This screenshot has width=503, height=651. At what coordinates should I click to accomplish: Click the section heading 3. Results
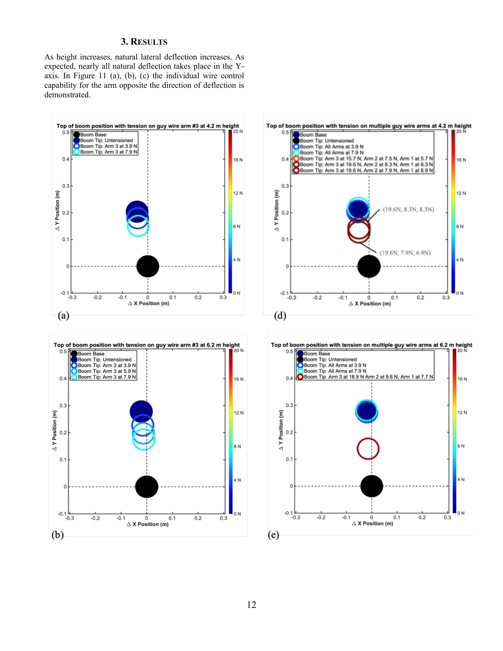(x=144, y=42)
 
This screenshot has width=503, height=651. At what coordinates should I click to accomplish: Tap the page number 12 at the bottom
(x=251, y=605)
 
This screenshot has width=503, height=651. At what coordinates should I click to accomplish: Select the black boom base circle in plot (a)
(x=148, y=266)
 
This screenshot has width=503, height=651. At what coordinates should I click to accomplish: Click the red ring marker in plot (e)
(x=368, y=448)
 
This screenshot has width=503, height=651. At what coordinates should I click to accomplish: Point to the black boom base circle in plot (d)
(x=369, y=266)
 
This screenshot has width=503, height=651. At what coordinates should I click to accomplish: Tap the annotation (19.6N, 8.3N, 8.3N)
(x=408, y=209)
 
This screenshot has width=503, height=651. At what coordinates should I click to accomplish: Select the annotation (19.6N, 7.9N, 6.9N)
(x=405, y=253)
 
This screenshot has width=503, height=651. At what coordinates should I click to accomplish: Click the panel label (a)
(x=63, y=316)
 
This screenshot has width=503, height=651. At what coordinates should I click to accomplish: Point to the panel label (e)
(x=273, y=535)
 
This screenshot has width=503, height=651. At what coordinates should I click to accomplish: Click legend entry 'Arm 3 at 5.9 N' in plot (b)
(x=107, y=371)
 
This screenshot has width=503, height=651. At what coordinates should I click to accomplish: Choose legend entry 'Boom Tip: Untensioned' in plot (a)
(x=106, y=140)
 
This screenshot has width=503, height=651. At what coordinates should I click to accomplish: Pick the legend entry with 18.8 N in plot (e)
(x=368, y=377)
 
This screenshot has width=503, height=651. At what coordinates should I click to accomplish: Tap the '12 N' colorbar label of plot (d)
(x=461, y=193)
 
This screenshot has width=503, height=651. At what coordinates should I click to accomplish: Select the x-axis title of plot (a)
(x=149, y=303)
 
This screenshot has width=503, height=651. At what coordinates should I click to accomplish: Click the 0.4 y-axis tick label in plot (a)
(x=66, y=159)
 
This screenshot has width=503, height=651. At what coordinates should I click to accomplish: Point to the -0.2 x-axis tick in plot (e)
(x=321, y=518)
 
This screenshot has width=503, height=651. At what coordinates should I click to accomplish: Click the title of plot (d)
(x=369, y=126)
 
